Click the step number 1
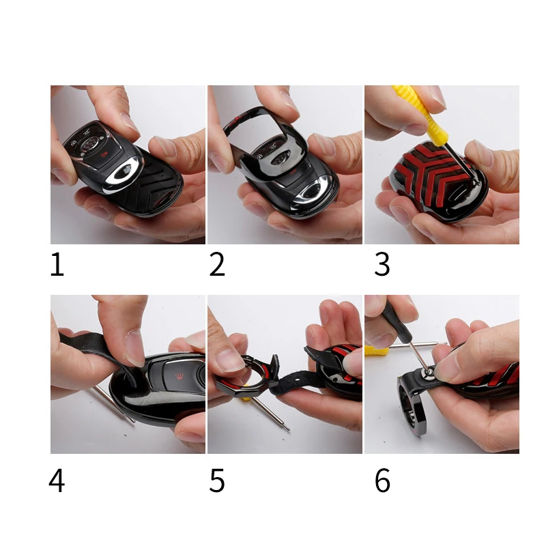(57, 265)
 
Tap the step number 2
(217, 265)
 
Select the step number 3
(382, 265)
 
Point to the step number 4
(57, 481)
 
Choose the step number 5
(217, 481)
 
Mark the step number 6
(382, 481)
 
